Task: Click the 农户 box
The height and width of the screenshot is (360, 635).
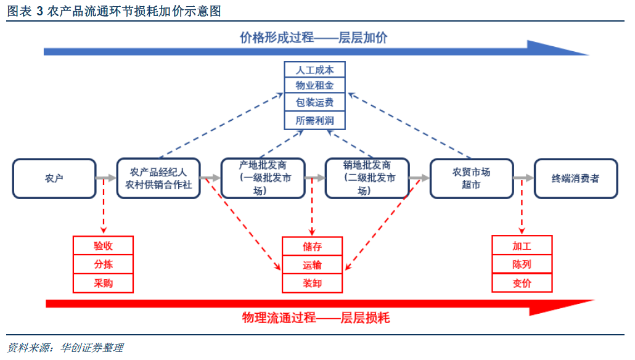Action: pyautogui.click(x=54, y=179)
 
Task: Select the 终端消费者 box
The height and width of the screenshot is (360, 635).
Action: pyautogui.click(x=576, y=179)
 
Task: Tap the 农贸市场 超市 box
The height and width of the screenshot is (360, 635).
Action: pyautogui.click(x=471, y=179)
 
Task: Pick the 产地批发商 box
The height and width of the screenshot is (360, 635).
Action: pyautogui.click(x=263, y=179)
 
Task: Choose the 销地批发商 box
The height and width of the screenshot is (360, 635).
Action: pyautogui.click(x=367, y=179)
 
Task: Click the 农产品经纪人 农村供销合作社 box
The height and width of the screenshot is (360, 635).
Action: pyautogui.click(x=158, y=179)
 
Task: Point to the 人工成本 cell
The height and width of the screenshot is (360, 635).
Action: pyautogui.click(x=314, y=70)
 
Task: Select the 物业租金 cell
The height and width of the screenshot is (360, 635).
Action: pyautogui.click(x=314, y=86)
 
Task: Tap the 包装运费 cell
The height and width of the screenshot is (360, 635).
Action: pyautogui.click(x=314, y=102)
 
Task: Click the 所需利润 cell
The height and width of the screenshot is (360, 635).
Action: pyautogui.click(x=314, y=120)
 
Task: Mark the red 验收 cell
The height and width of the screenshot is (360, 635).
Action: pyautogui.click(x=103, y=246)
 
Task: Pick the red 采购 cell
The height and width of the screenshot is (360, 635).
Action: pyautogui.click(x=103, y=283)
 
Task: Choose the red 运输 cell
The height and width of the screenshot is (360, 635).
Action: pyautogui.click(x=312, y=265)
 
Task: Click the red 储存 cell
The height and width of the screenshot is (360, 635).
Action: pyautogui.click(x=312, y=247)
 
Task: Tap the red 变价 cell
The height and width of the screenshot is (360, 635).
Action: pyautogui.click(x=522, y=283)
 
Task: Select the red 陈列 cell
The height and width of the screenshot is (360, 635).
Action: pyautogui.click(x=522, y=264)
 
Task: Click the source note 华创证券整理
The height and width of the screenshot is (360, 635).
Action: pyautogui.click(x=92, y=348)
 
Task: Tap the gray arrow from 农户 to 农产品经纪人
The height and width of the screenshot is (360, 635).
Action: pyautogui.click(x=106, y=178)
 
